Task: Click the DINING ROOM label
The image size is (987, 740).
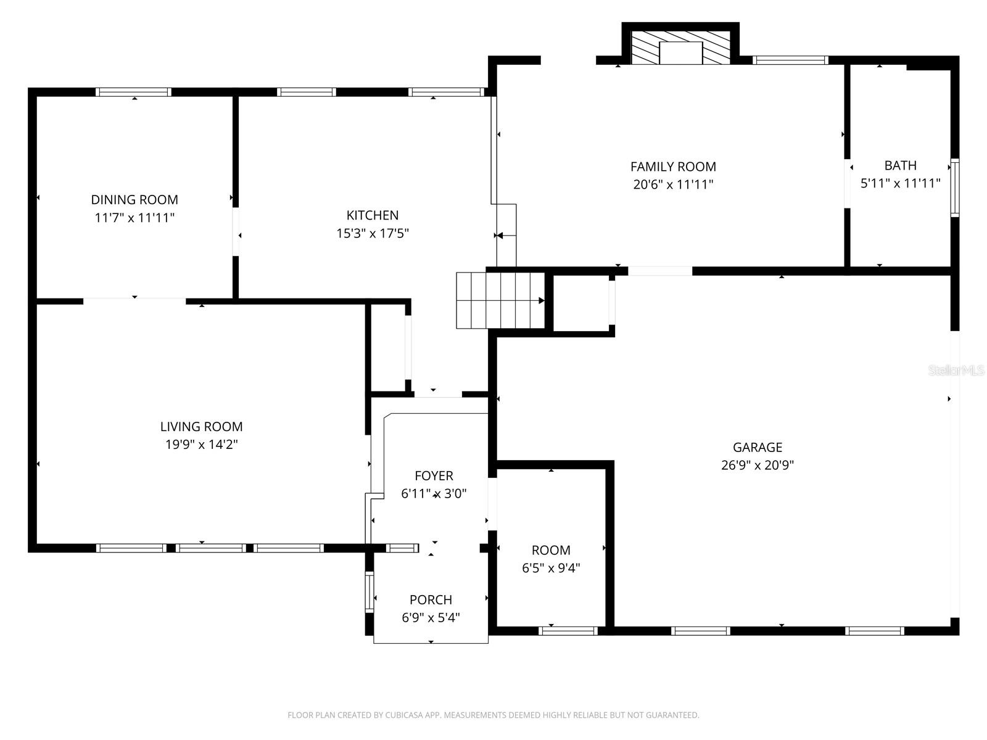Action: [x=134, y=200]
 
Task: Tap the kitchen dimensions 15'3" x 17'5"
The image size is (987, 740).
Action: [x=373, y=233]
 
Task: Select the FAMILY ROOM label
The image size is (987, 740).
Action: [x=673, y=166]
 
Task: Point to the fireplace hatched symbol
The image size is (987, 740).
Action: [x=680, y=48]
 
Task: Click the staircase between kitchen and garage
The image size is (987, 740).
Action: [x=500, y=301]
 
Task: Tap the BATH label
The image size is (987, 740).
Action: [x=900, y=165]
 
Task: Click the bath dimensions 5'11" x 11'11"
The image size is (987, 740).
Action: [x=900, y=183]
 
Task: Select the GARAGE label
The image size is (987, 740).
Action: [x=757, y=447]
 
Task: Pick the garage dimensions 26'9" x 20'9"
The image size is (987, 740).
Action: [x=757, y=465]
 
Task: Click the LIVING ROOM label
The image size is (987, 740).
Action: [x=201, y=426]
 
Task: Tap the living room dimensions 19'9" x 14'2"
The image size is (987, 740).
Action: [x=201, y=444]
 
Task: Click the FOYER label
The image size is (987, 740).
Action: [x=434, y=475]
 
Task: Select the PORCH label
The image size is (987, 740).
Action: [x=431, y=599]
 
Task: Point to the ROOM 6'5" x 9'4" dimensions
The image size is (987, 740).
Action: [x=551, y=568]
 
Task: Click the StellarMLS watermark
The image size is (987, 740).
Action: [x=956, y=371]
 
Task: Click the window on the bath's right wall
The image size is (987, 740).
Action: [x=954, y=187]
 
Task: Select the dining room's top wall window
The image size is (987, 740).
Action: [x=133, y=92]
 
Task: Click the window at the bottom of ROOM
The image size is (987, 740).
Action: [x=568, y=630]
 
